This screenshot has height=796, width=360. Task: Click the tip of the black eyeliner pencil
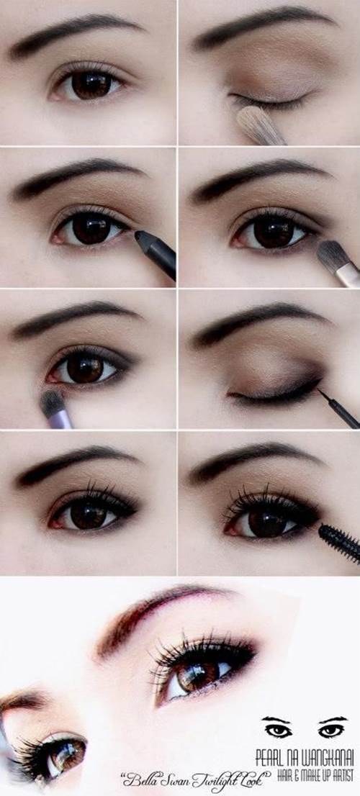[x=137, y=233]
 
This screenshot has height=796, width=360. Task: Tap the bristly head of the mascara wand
[x=340, y=542]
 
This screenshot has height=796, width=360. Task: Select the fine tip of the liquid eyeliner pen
[x=320, y=392]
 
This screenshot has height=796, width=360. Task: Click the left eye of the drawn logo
[x=278, y=730]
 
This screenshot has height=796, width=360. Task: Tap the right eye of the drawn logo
[x=331, y=730]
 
